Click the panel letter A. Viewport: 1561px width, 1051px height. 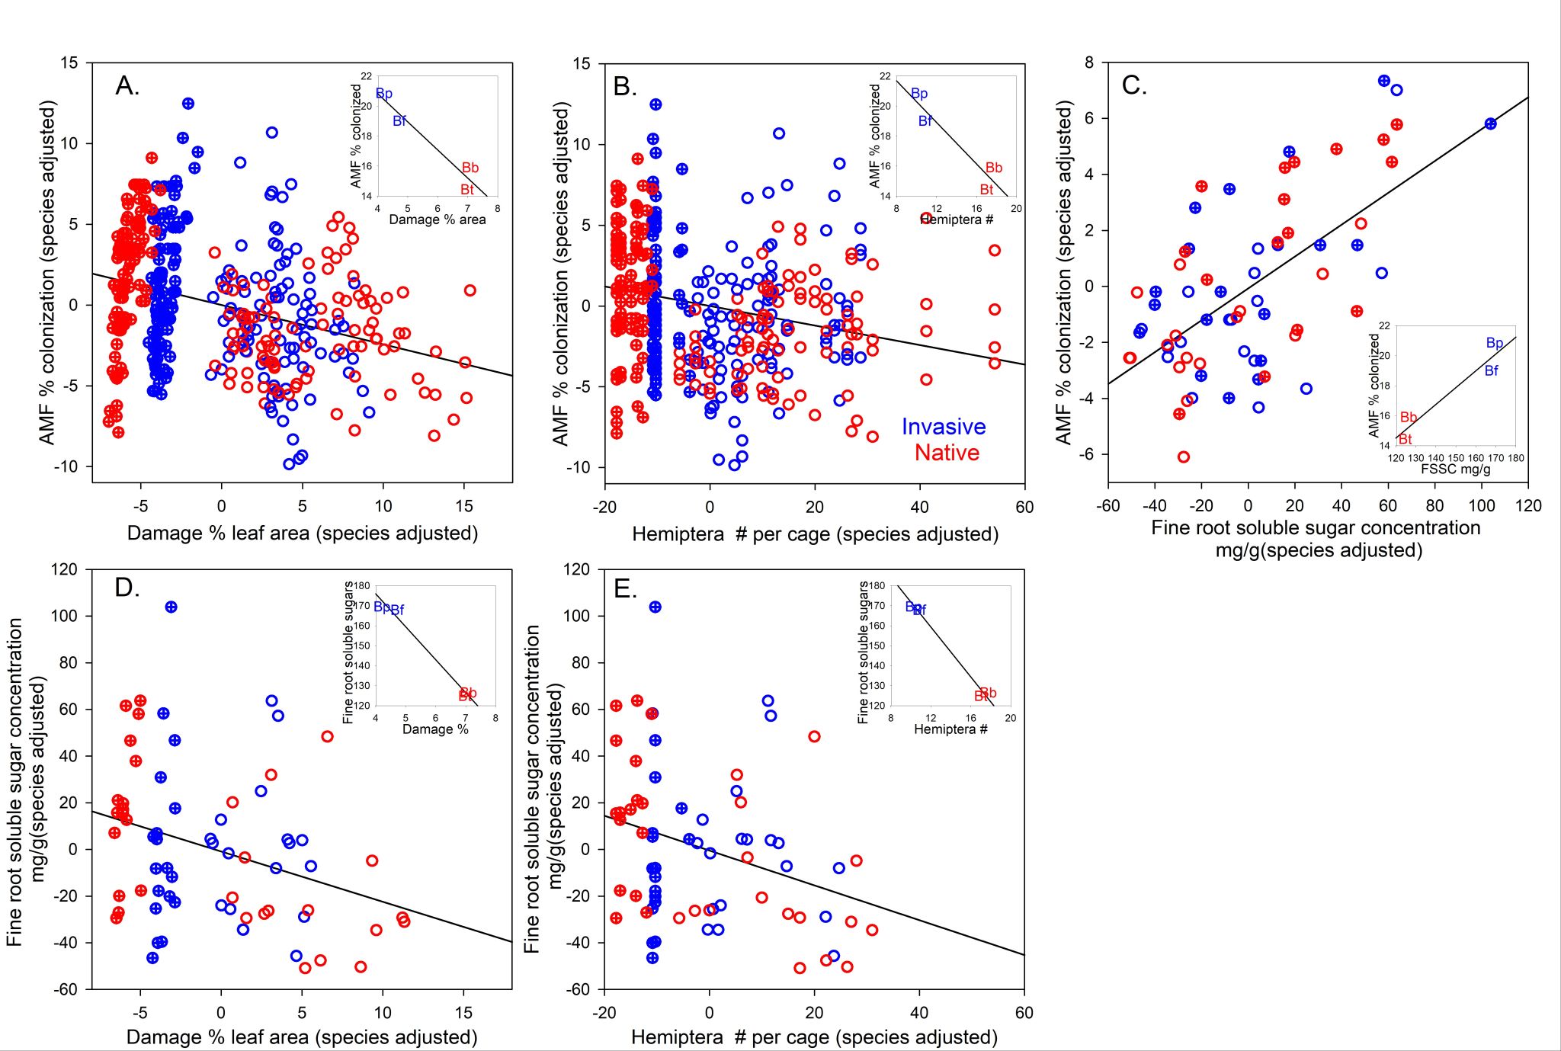click(x=127, y=86)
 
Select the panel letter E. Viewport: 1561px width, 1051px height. click(x=624, y=589)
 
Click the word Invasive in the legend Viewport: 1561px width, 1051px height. click(x=943, y=427)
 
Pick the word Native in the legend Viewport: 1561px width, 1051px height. click(x=947, y=453)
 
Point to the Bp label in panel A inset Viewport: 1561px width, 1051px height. click(x=384, y=94)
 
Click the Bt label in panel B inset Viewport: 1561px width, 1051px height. click(x=986, y=190)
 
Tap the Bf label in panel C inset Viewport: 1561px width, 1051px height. click(x=1491, y=371)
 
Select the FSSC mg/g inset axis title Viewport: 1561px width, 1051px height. click(x=1455, y=469)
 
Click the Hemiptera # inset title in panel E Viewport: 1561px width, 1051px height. click(x=950, y=729)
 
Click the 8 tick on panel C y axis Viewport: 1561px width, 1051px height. click(x=1089, y=62)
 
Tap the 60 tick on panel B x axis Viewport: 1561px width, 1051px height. click(x=1024, y=507)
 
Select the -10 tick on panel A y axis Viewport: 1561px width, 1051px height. click(x=66, y=466)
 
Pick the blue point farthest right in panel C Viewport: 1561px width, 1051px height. click(x=1490, y=123)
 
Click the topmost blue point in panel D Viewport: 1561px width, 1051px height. click(x=171, y=607)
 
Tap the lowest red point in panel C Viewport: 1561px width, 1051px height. click(x=1184, y=457)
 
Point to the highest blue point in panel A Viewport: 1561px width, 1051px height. click(x=188, y=104)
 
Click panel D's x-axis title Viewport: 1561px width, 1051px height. click(x=302, y=1037)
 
